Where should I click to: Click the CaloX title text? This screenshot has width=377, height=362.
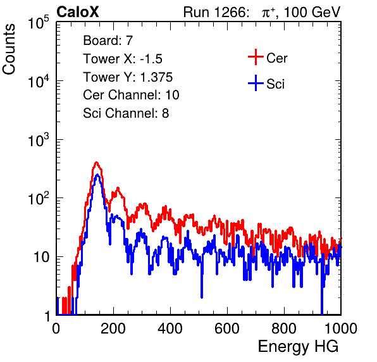[78, 12]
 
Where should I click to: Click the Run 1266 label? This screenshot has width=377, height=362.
[216, 12]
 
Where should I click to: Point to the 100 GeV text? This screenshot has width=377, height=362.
[312, 12]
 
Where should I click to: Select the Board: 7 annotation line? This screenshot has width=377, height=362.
[108, 40]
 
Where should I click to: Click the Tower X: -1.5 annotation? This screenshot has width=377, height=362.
[123, 59]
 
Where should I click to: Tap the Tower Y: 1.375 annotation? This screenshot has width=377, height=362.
[128, 77]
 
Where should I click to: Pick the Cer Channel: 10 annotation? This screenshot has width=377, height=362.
[131, 95]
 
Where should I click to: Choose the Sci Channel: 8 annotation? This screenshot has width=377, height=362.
[126, 113]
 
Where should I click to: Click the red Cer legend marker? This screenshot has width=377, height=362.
[256, 57]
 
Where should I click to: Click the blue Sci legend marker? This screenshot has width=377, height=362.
[256, 84]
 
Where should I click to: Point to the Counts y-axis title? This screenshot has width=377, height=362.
[9, 49]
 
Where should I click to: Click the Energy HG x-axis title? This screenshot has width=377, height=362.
[298, 346]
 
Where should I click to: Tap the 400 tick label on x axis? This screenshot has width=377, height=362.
[170, 328]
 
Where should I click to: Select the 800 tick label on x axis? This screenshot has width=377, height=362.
[284, 328]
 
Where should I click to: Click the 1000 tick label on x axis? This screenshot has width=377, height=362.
[341, 328]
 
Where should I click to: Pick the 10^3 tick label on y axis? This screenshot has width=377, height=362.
[39, 140]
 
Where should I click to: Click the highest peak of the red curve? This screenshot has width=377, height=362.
[96, 163]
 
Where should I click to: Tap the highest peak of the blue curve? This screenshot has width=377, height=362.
[97, 175]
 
